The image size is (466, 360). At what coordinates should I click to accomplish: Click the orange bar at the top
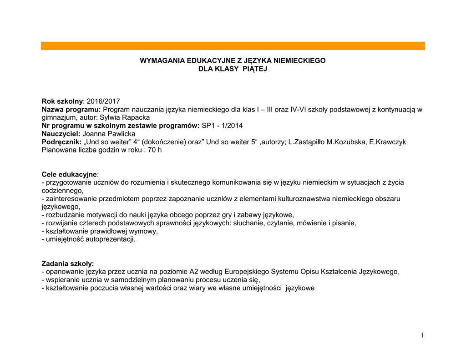coord(233,46)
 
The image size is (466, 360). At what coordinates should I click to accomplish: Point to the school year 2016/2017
coord(103,101)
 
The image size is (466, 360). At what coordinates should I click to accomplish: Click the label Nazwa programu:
coord(71,109)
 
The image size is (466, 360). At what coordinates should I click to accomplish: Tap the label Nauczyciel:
coord(61,133)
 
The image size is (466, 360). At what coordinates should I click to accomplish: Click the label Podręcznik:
coord(61,142)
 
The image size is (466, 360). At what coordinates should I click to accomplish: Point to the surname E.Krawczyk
coord(388,142)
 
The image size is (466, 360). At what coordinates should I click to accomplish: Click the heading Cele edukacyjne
coord(69,174)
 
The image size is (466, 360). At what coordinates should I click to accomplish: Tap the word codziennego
coord(62,191)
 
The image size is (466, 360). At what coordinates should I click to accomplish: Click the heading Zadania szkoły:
coord(68,264)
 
